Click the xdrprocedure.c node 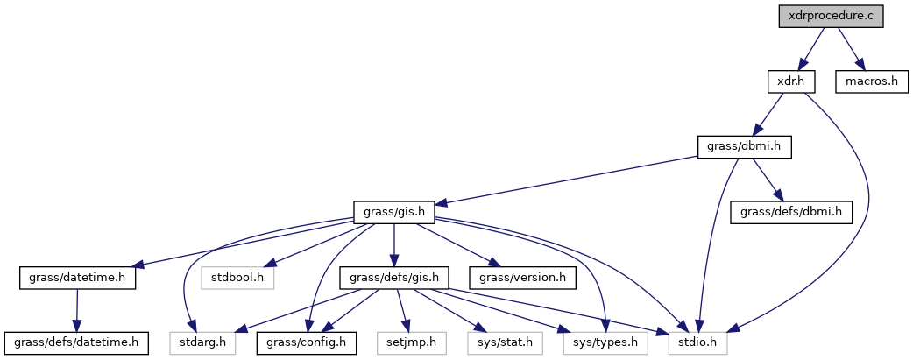click(832, 17)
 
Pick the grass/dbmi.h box click(744, 147)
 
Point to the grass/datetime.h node click(77, 278)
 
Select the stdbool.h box click(238, 278)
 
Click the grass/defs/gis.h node click(394, 278)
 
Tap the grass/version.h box click(522, 278)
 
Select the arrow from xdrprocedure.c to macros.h click(849, 49)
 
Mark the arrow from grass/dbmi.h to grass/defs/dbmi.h click(768, 180)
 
